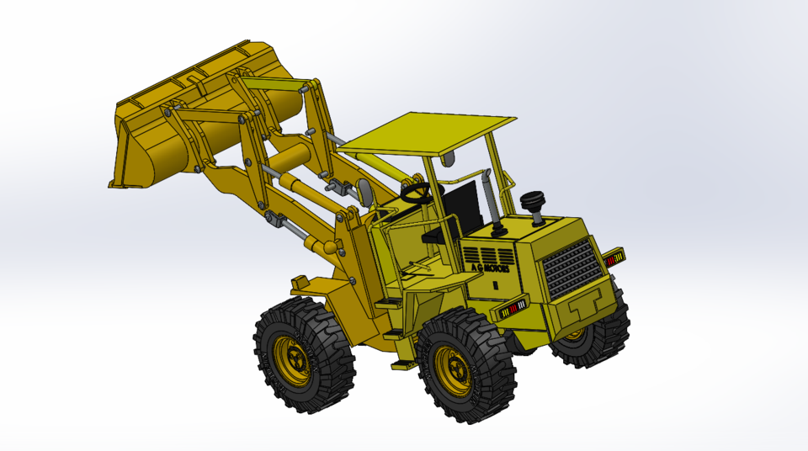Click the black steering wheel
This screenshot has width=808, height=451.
(418, 193)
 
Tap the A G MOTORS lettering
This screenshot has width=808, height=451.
(490, 268)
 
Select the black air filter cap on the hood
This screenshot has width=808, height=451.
(533, 203)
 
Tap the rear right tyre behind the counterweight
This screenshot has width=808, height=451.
(593, 337)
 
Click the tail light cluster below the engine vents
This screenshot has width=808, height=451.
(510, 310)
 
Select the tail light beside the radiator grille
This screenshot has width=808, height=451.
(614, 257)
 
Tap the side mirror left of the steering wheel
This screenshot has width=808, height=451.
(364, 194)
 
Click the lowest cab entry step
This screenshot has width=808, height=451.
(401, 363)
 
